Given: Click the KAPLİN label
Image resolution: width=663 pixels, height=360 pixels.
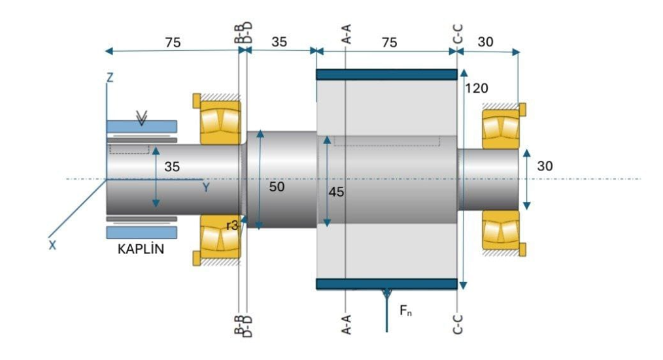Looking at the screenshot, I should click(140, 250).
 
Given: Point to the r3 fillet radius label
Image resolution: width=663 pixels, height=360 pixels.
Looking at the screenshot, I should click(231, 225).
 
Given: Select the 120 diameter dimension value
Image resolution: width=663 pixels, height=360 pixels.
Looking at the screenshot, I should click(476, 88).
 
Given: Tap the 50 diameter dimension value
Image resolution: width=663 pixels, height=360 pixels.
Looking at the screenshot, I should click(277, 186).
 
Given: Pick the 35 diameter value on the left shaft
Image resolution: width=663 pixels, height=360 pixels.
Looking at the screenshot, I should click(172, 167).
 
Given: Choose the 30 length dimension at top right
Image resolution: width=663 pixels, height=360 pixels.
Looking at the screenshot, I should click(486, 42).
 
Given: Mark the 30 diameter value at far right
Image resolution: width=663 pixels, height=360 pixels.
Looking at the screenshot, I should click(545, 167).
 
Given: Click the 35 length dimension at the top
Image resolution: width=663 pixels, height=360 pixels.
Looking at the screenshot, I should click(279, 42).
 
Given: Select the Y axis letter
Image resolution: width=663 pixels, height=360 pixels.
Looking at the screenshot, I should click(206, 188).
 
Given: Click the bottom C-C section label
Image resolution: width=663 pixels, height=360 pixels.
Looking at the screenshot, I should click(458, 321).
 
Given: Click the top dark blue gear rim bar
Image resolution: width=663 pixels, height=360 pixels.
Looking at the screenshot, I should click(386, 74).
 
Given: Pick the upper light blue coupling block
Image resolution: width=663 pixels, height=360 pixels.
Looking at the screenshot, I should click(141, 125).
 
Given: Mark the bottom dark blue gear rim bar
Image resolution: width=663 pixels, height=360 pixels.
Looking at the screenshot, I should click(386, 284).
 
